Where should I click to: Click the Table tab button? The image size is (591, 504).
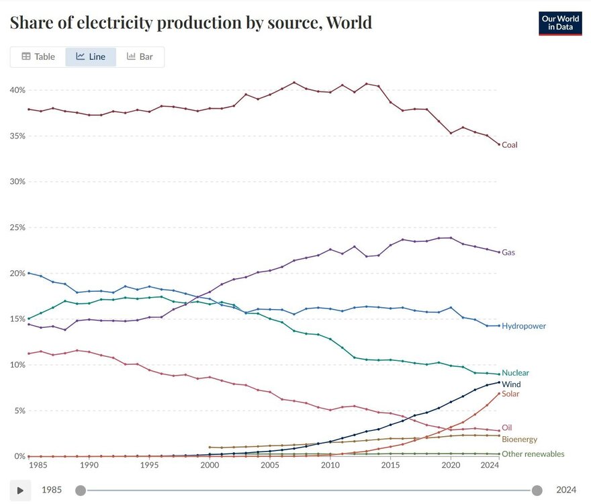(x=38, y=57)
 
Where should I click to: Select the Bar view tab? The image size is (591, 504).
(x=140, y=57)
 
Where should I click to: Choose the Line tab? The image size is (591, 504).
(x=91, y=57)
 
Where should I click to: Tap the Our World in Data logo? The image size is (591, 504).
(x=560, y=24)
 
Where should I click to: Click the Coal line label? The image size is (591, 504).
(x=510, y=144)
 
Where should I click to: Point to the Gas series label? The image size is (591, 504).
(x=508, y=253)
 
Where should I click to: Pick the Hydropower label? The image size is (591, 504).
(x=524, y=326)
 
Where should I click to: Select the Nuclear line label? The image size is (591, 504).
(x=515, y=373)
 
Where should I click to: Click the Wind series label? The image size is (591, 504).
(x=511, y=384)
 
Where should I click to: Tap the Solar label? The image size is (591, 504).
(x=511, y=394)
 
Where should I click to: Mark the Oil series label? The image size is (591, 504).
(x=507, y=427)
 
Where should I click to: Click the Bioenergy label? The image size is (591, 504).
(x=519, y=439)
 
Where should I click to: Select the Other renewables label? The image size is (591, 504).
(x=533, y=454)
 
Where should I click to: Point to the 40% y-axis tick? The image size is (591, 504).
(x=17, y=90)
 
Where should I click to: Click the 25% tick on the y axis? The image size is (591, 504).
(x=17, y=227)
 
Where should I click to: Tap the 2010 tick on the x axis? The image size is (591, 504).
(x=330, y=465)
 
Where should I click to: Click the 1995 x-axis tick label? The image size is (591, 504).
(x=149, y=465)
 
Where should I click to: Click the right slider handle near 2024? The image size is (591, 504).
(x=537, y=490)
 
